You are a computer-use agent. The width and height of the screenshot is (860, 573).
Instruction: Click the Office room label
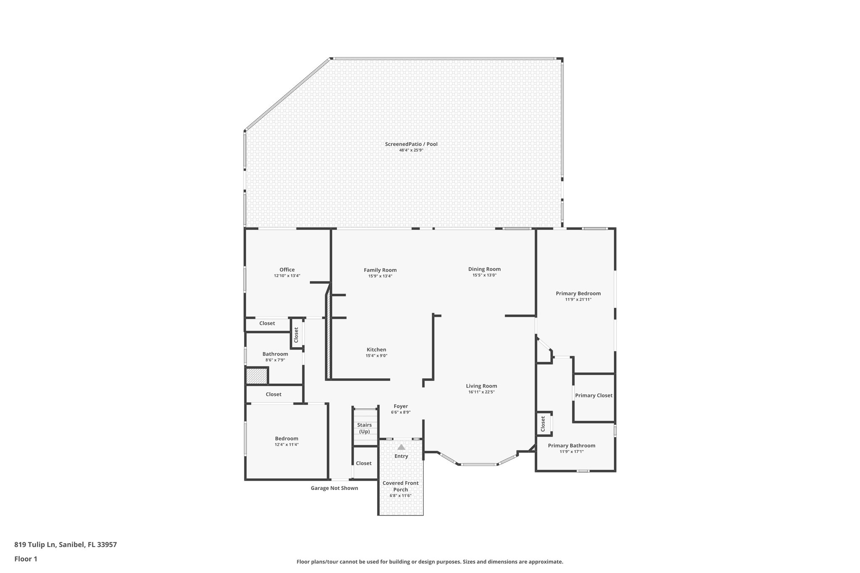287,270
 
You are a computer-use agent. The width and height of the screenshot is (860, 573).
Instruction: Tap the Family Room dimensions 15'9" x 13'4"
380,276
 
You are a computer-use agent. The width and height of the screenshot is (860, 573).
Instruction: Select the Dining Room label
484,269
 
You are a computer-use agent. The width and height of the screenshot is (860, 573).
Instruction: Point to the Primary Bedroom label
578,293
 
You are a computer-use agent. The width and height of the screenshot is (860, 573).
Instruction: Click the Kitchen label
376,350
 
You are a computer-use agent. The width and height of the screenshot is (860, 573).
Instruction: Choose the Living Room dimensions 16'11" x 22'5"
481,392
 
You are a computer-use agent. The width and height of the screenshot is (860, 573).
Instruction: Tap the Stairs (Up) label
364,428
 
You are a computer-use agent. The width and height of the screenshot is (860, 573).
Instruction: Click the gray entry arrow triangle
401,447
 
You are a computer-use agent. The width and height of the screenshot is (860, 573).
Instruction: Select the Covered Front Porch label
401,486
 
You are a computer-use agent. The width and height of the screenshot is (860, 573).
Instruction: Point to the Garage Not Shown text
334,488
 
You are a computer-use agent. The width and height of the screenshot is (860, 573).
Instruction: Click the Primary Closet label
593,395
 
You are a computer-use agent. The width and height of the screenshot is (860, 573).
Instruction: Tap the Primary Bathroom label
571,446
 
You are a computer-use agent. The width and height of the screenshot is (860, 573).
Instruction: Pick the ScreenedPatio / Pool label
411,144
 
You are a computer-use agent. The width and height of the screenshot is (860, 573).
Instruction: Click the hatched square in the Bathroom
257,376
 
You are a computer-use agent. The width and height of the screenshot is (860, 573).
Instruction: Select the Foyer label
401,406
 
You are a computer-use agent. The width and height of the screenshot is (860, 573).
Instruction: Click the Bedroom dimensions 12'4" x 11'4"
287,445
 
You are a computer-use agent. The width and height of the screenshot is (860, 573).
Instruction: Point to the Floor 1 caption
26,559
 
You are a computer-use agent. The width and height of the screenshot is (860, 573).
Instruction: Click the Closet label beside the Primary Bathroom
543,424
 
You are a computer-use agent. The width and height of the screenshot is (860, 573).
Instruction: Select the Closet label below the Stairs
364,463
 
